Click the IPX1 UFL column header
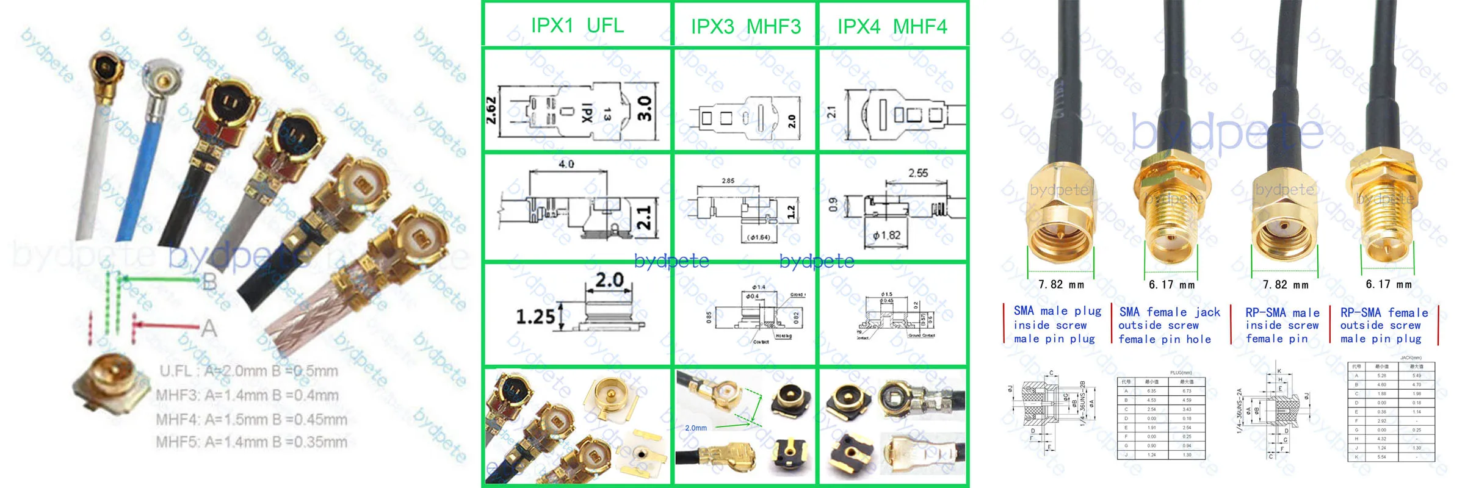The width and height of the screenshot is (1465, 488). click(x=577, y=26)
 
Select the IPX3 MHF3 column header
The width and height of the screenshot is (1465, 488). click(x=745, y=27)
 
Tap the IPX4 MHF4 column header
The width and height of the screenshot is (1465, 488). click(x=892, y=27)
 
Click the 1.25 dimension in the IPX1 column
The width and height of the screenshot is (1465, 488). click(x=535, y=317)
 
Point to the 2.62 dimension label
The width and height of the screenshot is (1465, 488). click(x=491, y=110)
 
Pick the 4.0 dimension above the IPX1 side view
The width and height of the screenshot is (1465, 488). click(x=566, y=164)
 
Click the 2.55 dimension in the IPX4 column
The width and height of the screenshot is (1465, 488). click(x=917, y=173)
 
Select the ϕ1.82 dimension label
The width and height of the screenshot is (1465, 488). click(x=886, y=235)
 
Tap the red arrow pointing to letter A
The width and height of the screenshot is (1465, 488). click(x=165, y=325)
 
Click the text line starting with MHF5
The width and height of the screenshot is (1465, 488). click(x=251, y=442)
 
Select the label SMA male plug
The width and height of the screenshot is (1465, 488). click(x=1057, y=311)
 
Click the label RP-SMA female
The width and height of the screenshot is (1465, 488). click(x=1384, y=313)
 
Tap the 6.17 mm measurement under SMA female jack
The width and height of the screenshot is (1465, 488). click(x=1171, y=285)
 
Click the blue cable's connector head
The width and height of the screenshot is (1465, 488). click(x=162, y=79)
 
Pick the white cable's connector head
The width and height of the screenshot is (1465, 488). click(x=106, y=69)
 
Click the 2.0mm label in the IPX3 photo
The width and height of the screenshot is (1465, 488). click(x=695, y=428)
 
